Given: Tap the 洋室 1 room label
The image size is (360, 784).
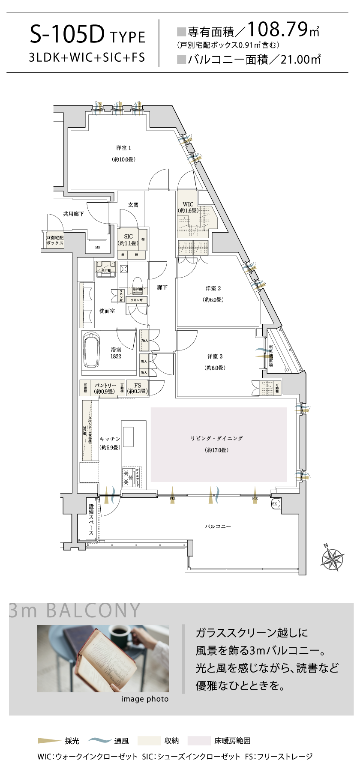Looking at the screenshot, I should coord(123,148).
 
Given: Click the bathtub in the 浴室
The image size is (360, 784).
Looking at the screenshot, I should coord(91,350).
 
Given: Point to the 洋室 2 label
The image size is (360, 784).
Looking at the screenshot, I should coord(213,289).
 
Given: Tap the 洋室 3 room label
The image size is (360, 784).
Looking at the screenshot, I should coord(215,356).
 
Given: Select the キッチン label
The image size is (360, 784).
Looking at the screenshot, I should coord(110,439).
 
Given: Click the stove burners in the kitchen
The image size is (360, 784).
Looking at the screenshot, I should coord(127,477).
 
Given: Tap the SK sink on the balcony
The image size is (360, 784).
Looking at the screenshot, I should coord(275,504).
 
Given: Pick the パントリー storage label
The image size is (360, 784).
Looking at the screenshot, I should coord(105,386).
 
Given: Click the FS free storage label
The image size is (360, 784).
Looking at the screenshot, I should coord(138,386).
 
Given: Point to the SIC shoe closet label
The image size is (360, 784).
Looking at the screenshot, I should coord(129,237).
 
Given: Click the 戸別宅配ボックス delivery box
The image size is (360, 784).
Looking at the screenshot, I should coord(55,240).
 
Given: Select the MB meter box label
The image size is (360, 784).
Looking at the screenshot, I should coord(98,247).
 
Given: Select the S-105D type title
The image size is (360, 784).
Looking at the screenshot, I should coord(67,36).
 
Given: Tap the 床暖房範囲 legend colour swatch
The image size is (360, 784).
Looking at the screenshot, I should coord(199,741).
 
